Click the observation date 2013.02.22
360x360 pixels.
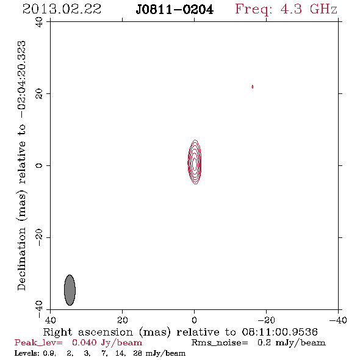(x=62, y=9)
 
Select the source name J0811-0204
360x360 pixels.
(x=175, y=10)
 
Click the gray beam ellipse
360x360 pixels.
(x=70, y=290)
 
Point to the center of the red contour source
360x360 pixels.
(x=195, y=162)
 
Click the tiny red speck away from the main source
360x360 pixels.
(x=253, y=87)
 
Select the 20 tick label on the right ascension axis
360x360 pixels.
(x=122, y=320)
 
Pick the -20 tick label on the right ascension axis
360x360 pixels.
(x=266, y=320)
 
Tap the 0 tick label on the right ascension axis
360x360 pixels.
(x=194, y=320)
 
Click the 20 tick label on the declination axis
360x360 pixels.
(x=39, y=94)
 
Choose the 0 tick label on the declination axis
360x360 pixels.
(x=39, y=165)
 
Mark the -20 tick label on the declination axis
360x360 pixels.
(x=39, y=237)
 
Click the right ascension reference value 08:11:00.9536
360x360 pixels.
(x=279, y=332)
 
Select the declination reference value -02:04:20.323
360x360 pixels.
(x=22, y=79)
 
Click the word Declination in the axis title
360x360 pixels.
(x=22, y=258)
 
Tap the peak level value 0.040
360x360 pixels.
(x=84, y=342)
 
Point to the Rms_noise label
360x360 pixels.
(x=220, y=343)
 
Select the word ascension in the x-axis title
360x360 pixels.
(x=106, y=333)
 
